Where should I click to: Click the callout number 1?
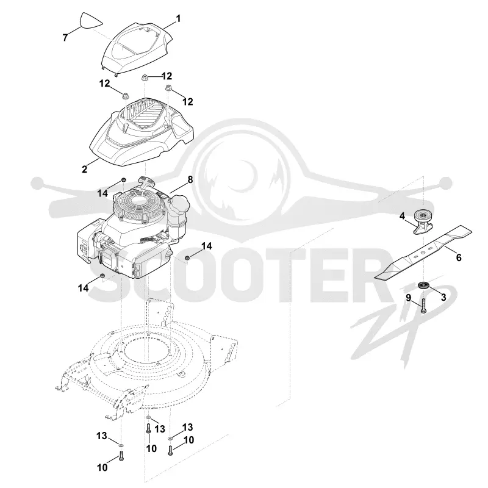(x=178, y=19)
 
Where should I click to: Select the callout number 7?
(x=65, y=38)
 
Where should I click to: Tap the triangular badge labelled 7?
(x=91, y=21)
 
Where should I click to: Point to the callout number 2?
(x=84, y=170)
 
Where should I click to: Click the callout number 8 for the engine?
(x=190, y=179)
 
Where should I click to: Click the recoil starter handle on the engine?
(x=146, y=181)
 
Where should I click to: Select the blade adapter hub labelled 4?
(x=423, y=222)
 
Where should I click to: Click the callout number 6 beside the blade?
(x=459, y=257)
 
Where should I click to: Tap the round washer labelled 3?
(x=423, y=285)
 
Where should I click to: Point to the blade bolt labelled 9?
(x=423, y=306)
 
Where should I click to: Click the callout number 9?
(x=409, y=298)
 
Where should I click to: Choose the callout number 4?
(x=402, y=216)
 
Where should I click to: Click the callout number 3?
(x=443, y=297)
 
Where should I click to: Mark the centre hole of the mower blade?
(x=423, y=254)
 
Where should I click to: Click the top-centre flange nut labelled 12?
(x=145, y=77)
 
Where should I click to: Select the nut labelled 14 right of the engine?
(x=187, y=257)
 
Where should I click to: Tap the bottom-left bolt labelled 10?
(x=121, y=456)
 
